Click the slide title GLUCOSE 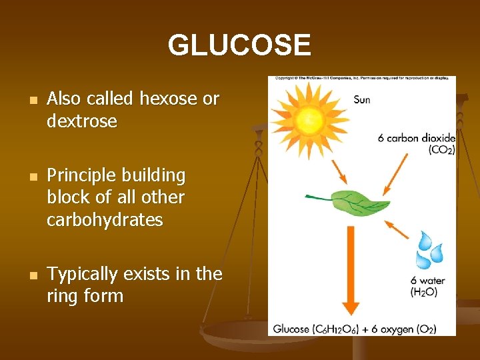click(239, 45)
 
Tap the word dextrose click(82, 121)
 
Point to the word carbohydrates click(105, 220)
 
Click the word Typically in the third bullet click(81, 274)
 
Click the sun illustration click(309, 120)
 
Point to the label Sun click(362, 100)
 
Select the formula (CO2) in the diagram click(441, 150)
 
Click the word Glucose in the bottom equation click(291, 329)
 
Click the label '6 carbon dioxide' click(417, 139)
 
